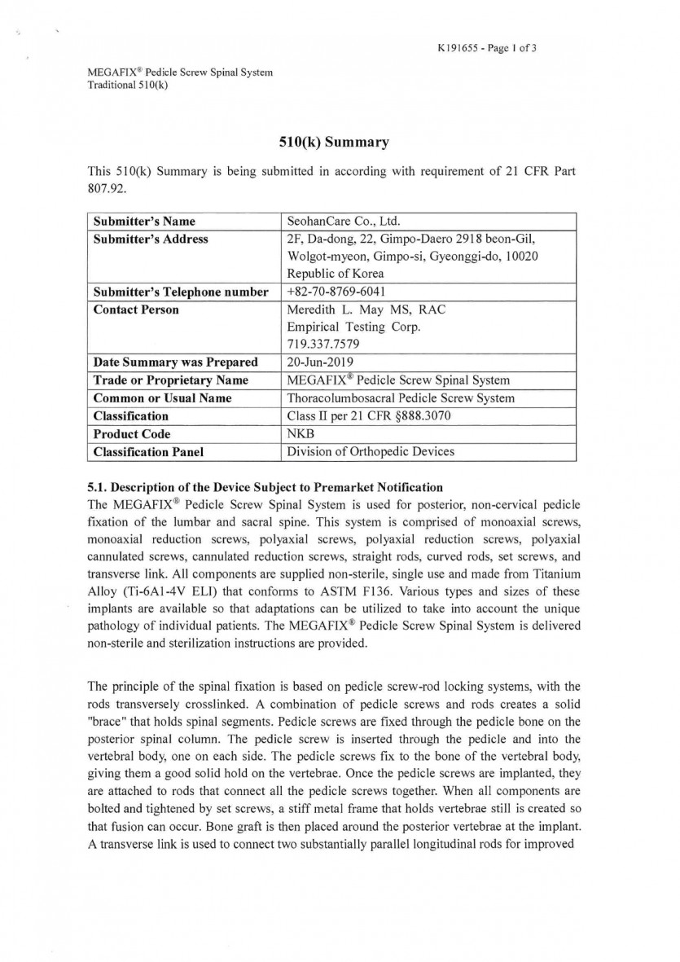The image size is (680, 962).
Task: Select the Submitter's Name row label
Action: [x=144, y=221]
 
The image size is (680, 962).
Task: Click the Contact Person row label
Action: [x=136, y=310]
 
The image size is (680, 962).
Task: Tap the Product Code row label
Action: [x=132, y=433]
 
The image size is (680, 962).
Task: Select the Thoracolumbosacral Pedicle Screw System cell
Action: [x=401, y=398]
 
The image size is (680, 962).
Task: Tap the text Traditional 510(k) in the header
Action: [x=128, y=85]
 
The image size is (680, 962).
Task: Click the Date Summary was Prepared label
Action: [x=175, y=362]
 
